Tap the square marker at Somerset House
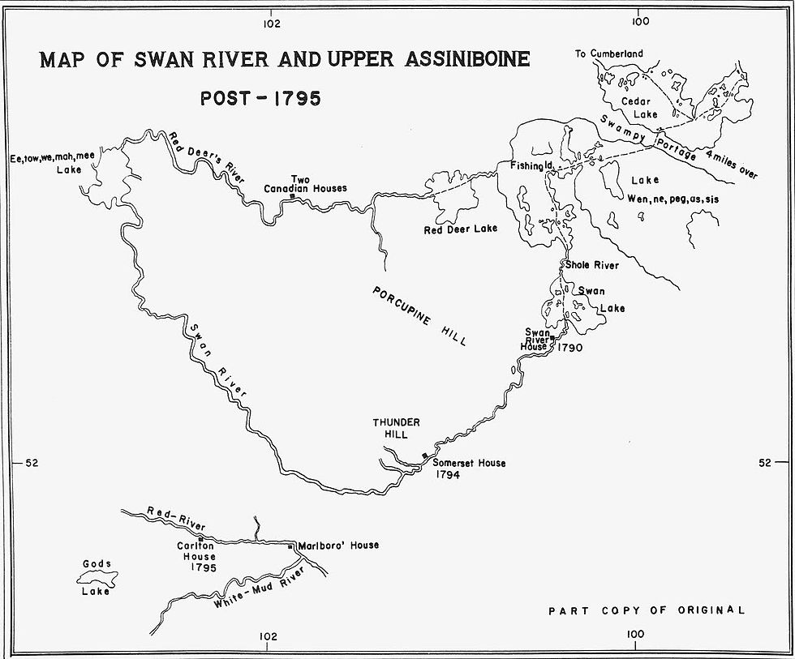[x=424, y=456]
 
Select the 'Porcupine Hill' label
[x=419, y=315]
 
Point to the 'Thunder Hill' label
[x=395, y=429]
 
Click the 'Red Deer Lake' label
[x=460, y=229]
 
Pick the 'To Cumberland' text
[x=608, y=54]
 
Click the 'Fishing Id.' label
[x=531, y=165]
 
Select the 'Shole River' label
[x=592, y=265]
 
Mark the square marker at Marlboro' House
[x=290, y=547]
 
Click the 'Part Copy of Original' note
[x=646, y=610]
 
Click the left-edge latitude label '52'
[x=32, y=464]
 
